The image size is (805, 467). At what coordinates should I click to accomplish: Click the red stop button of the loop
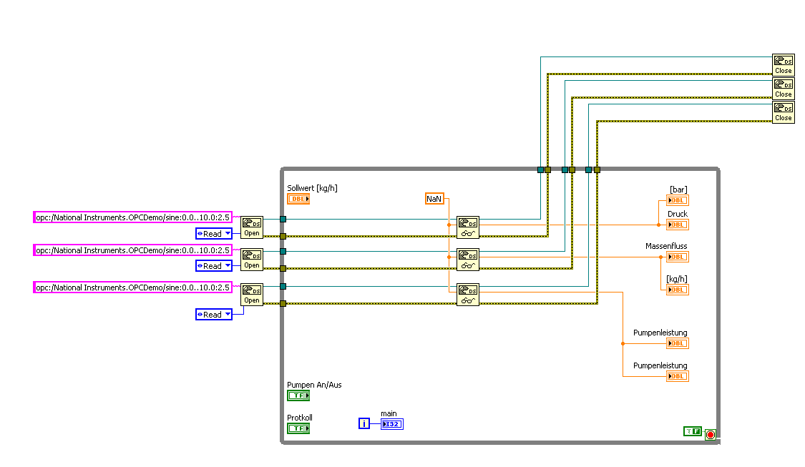(711, 434)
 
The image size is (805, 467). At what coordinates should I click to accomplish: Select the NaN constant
(434, 198)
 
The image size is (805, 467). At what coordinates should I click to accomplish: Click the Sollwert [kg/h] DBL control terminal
(298, 199)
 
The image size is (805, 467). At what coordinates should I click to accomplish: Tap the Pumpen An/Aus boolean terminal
(298, 395)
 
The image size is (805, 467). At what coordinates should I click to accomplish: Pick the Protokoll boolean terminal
(298, 428)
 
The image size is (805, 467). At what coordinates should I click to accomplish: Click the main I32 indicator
(392, 424)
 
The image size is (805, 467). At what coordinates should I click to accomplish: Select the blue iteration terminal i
(364, 424)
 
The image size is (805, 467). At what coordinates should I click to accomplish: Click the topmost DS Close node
(783, 65)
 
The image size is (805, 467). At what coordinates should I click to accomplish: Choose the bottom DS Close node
(783, 112)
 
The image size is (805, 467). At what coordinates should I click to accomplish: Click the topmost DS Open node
(252, 227)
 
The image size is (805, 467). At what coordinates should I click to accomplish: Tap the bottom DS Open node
(252, 294)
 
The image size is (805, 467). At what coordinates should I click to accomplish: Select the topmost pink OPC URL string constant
(133, 217)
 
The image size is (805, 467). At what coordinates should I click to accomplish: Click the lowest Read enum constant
(214, 314)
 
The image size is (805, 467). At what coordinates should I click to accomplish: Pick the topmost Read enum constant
(214, 233)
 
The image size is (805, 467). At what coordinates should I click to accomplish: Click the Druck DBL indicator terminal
(677, 225)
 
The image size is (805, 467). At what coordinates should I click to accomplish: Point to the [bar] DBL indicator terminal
(677, 200)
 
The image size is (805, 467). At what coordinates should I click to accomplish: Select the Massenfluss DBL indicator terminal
(677, 257)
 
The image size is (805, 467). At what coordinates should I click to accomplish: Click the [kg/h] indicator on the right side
(677, 290)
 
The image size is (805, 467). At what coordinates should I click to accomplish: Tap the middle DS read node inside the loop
(468, 259)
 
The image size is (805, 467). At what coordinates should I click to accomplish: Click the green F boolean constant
(692, 431)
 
